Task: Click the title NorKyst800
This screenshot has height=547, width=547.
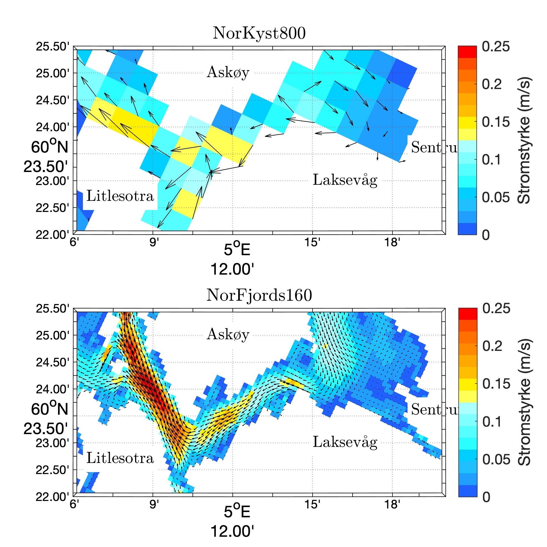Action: pyautogui.click(x=259, y=33)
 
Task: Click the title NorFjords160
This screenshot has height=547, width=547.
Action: pyautogui.click(x=259, y=295)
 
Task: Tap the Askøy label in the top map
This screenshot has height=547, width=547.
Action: pyautogui.click(x=228, y=72)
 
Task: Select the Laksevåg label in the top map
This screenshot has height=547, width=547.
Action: pyautogui.click(x=345, y=180)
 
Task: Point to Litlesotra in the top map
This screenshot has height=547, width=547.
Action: pyautogui.click(x=120, y=196)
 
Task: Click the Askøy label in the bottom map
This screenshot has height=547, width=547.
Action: pyautogui.click(x=228, y=334)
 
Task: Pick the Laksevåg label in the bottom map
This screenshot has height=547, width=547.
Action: pyautogui.click(x=345, y=442)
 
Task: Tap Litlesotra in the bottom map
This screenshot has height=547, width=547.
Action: pyautogui.click(x=120, y=458)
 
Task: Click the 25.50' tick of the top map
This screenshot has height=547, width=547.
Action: pyautogui.click(x=52, y=47)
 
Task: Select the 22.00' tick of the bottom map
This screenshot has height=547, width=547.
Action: pyautogui.click(x=52, y=497)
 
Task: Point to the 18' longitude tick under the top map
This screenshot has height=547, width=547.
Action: pyautogui.click(x=392, y=242)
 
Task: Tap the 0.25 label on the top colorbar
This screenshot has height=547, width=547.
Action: pyautogui.click(x=495, y=47)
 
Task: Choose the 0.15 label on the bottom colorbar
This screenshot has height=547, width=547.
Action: pyautogui.click(x=496, y=384)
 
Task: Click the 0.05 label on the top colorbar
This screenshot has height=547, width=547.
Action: pyautogui.click(x=495, y=197)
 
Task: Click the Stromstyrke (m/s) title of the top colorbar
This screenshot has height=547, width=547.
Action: pyautogui.click(x=524, y=140)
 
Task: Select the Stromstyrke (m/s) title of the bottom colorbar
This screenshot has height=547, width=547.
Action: pyautogui.click(x=524, y=402)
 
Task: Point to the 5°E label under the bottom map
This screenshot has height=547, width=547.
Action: pyautogui.click(x=237, y=512)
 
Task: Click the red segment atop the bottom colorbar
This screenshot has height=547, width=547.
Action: pyautogui.click(x=468, y=314)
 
